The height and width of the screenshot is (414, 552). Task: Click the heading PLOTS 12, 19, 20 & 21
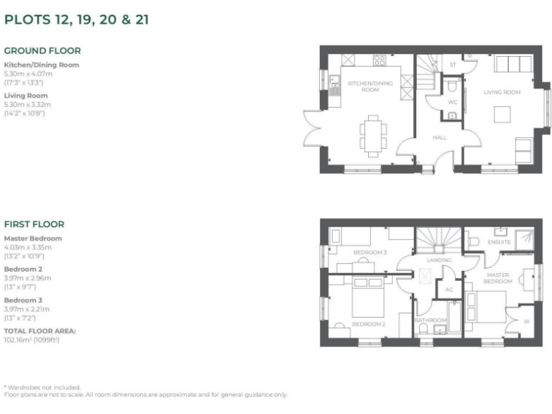(77, 20)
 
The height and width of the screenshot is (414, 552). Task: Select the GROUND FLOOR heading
(42, 51)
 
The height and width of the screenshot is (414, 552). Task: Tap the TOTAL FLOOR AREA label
(40, 331)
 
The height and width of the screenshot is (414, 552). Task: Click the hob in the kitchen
(380, 60)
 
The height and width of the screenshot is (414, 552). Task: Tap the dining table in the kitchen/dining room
(372, 135)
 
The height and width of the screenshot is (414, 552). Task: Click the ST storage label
(453, 65)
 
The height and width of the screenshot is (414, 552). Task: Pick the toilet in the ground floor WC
(451, 87)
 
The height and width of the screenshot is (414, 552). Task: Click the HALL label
(440, 137)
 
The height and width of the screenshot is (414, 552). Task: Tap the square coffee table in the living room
(502, 114)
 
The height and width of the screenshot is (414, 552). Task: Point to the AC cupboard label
(449, 290)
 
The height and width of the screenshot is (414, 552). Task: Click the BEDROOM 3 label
(370, 253)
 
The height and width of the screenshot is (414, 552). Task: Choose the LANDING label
(438, 259)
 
